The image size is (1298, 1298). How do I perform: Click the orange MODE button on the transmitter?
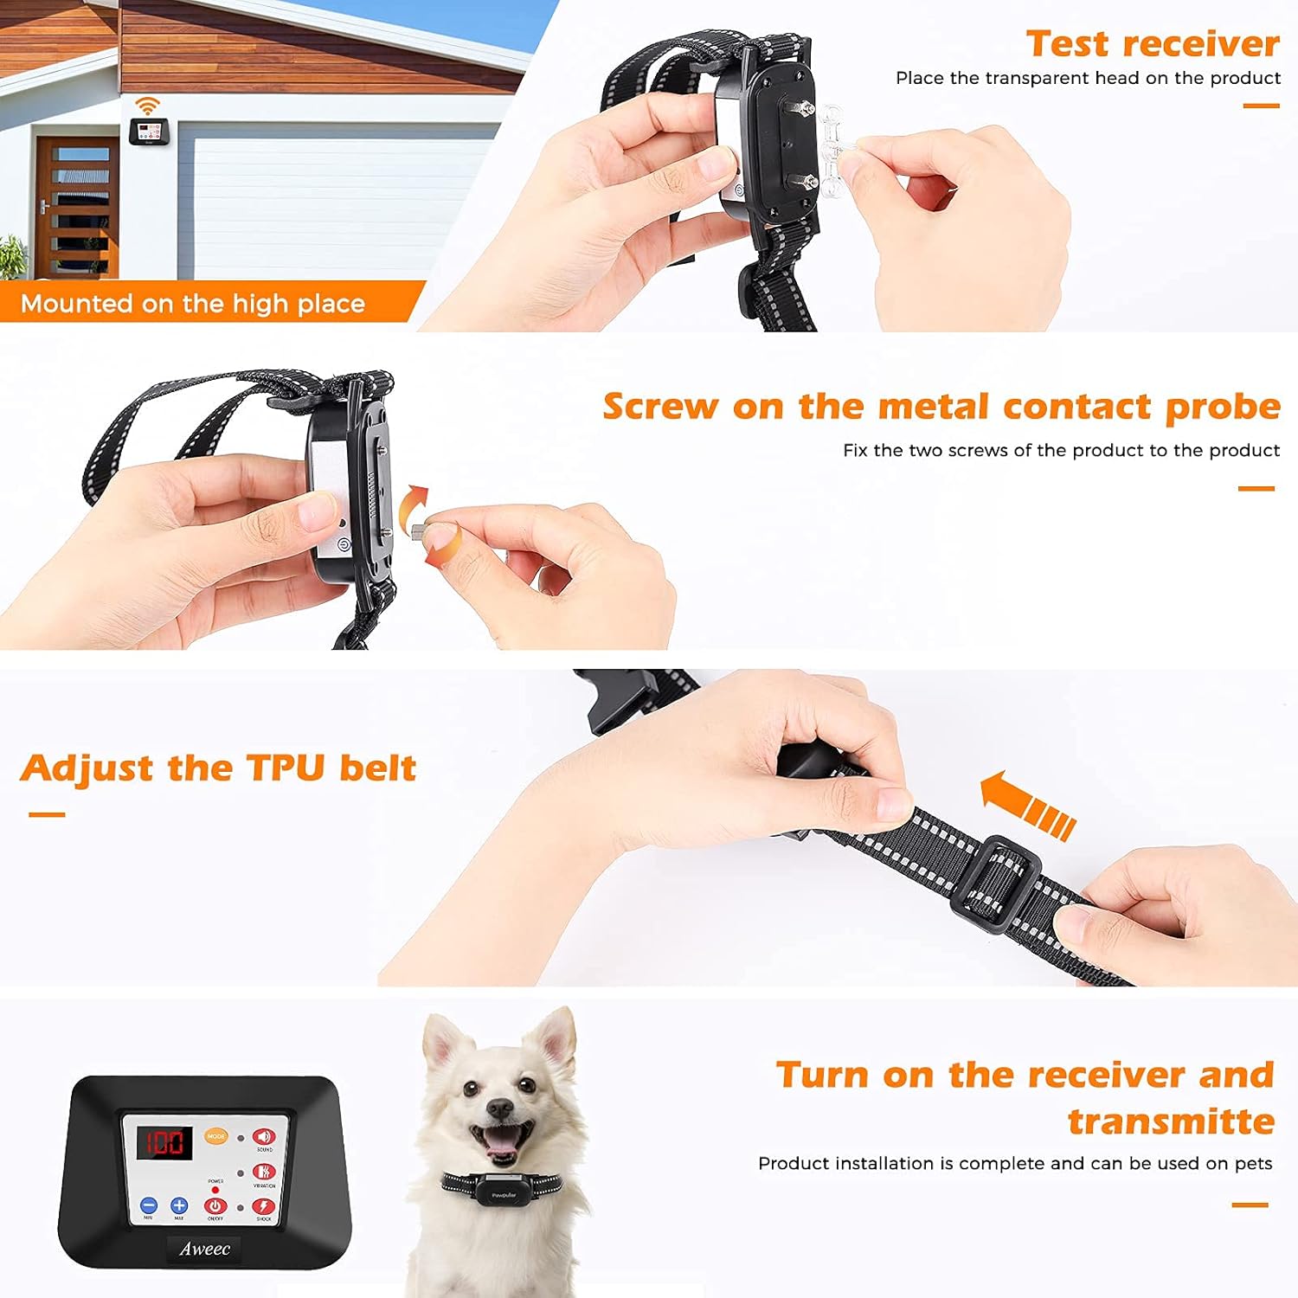(215, 1136)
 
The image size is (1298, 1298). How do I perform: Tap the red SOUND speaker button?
(263, 1137)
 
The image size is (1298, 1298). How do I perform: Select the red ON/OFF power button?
(215, 1205)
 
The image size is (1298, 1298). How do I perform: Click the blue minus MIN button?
(149, 1205)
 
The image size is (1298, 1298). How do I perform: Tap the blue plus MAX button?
(179, 1205)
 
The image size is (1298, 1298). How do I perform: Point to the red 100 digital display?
(164, 1142)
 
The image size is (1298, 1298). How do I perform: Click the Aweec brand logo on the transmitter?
(204, 1249)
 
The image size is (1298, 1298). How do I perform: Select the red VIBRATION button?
(263, 1173)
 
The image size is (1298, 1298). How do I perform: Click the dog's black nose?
(498, 1108)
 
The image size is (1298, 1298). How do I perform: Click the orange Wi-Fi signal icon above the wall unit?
(148, 106)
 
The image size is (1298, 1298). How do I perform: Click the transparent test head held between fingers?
(832, 147)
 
